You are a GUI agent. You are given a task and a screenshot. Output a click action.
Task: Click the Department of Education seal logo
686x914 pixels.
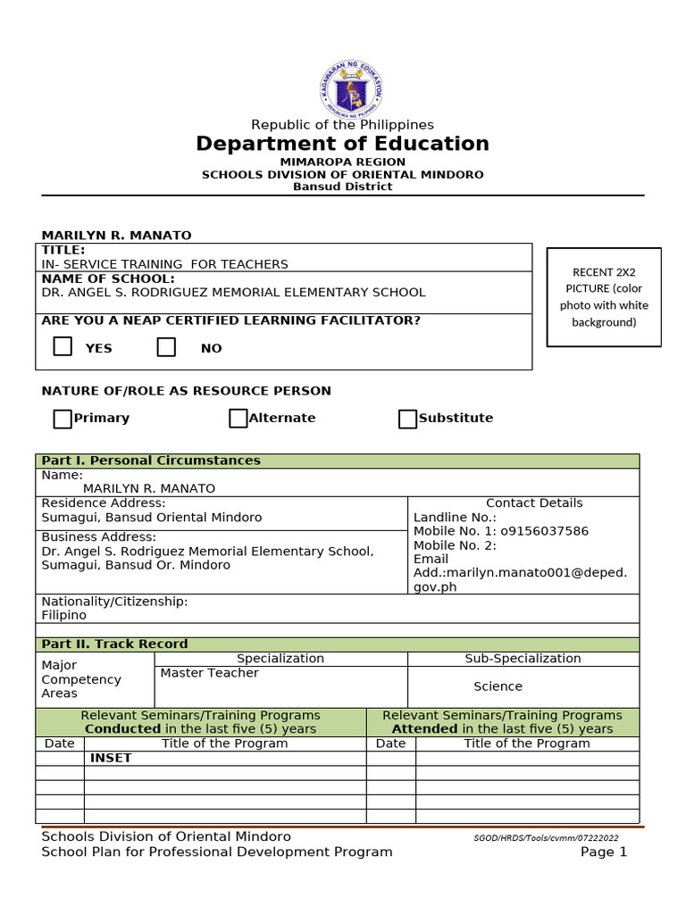(351, 88)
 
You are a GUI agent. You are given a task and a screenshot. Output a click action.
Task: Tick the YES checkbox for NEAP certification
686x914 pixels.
(63, 346)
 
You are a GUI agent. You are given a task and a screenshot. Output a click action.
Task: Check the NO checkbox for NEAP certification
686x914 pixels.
(166, 346)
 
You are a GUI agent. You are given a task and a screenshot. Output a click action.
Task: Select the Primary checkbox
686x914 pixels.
(63, 419)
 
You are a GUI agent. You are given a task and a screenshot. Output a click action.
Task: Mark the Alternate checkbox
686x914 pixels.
(238, 419)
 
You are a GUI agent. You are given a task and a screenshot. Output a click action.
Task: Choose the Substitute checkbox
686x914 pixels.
(407, 419)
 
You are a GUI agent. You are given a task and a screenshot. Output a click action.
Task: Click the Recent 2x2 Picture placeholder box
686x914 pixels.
(604, 296)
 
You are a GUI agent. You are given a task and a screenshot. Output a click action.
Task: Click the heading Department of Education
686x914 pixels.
(342, 144)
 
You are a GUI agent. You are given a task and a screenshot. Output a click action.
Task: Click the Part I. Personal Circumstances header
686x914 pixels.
(151, 461)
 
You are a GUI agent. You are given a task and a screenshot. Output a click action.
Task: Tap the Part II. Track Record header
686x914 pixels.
(114, 644)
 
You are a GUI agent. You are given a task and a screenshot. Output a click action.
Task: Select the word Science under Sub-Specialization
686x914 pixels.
(498, 686)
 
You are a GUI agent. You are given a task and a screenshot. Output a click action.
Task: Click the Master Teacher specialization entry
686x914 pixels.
(209, 673)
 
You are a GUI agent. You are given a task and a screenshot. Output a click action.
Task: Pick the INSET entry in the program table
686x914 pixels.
(111, 758)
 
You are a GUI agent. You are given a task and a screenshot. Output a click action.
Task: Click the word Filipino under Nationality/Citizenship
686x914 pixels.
(64, 615)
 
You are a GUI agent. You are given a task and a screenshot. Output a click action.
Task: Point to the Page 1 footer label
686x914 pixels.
(604, 852)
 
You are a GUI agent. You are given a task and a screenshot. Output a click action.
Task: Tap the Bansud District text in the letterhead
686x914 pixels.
(342, 187)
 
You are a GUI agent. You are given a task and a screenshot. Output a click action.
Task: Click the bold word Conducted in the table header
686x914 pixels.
(122, 729)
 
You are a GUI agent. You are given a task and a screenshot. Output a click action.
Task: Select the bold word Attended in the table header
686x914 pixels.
(424, 729)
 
